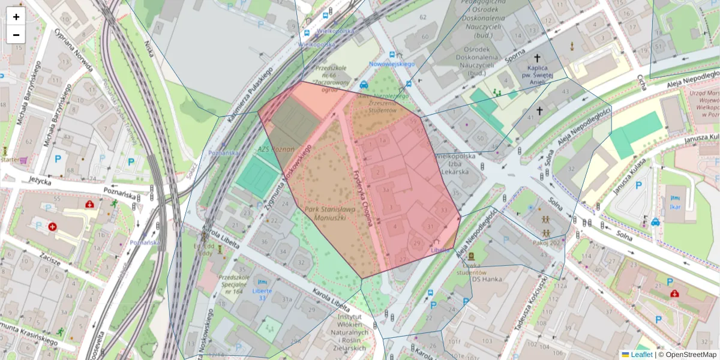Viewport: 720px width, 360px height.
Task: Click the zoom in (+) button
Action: pyautogui.click(x=16, y=17)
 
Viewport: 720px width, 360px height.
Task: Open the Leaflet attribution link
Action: pyautogui.click(x=641, y=355)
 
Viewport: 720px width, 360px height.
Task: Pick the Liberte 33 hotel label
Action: pyautogui.click(x=262, y=294)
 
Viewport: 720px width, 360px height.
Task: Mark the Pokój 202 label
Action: pyautogui.click(x=546, y=242)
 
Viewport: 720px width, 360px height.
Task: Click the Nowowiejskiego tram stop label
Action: pyautogui.click(x=392, y=63)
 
